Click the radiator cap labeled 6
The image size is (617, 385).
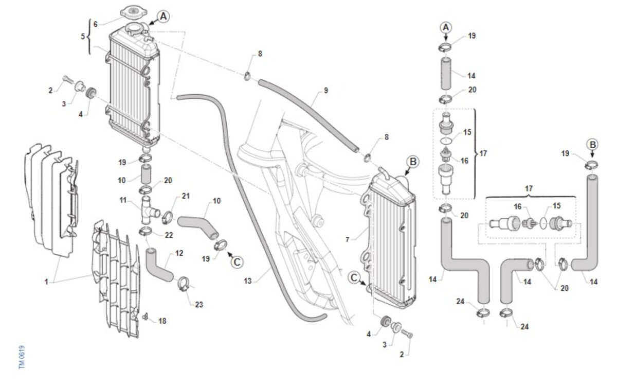(x=133, y=13)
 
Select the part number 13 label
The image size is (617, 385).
(x=248, y=281)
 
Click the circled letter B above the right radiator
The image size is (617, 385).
(x=413, y=162)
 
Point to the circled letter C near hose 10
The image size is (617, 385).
(x=237, y=261)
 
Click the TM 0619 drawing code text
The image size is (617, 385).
(x=22, y=357)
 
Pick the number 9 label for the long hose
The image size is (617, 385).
(x=326, y=91)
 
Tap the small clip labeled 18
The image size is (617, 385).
(x=145, y=317)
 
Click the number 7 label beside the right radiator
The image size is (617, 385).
(x=348, y=240)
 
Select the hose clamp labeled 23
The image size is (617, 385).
(x=186, y=284)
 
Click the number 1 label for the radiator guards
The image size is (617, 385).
(x=46, y=282)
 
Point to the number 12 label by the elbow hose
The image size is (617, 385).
(x=179, y=253)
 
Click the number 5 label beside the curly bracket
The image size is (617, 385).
(x=83, y=36)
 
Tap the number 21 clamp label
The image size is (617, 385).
(x=186, y=196)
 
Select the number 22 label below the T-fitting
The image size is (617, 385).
(x=169, y=235)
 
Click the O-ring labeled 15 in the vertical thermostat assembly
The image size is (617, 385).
(x=446, y=141)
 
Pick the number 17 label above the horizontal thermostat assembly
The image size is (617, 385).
(x=529, y=188)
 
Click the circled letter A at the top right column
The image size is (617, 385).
(x=446, y=28)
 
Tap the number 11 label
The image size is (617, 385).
(x=123, y=200)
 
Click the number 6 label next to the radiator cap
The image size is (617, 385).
(x=95, y=24)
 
